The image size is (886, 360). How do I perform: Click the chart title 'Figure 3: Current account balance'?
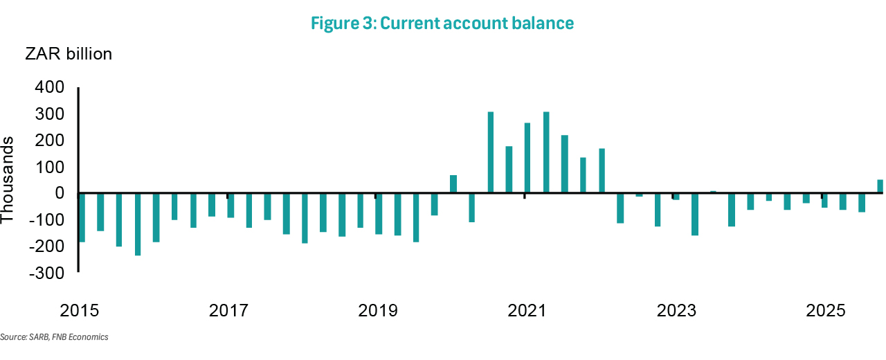[442, 23]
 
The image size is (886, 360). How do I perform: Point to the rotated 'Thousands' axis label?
[8, 180]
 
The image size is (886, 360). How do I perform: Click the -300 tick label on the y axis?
[46, 273]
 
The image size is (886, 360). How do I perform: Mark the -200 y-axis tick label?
[46, 247]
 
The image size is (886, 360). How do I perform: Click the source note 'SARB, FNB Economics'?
[55, 337]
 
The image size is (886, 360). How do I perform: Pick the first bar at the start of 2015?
[82, 217]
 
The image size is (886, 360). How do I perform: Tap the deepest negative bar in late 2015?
[138, 224]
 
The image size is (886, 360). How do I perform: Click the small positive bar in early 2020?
[453, 184]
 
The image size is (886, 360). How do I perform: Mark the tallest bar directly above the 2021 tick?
[527, 158]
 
